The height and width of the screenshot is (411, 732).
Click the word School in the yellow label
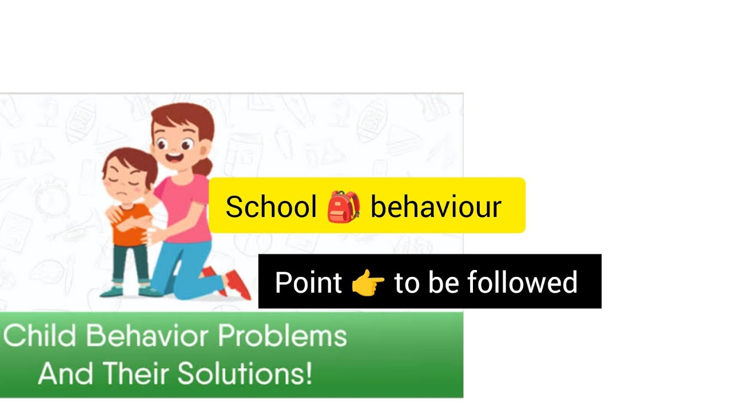pyautogui.click(x=270, y=206)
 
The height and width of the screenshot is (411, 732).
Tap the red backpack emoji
pyautogui.click(x=344, y=206)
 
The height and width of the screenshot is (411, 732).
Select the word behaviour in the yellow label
pyautogui.click(x=436, y=206)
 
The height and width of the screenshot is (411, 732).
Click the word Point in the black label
pyautogui.click(x=308, y=283)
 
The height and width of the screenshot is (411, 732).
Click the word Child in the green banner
pyautogui.click(x=39, y=336)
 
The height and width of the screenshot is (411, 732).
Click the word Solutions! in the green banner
pyautogui.click(x=245, y=374)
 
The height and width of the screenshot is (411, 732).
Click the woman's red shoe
pyautogui.click(x=238, y=284)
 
